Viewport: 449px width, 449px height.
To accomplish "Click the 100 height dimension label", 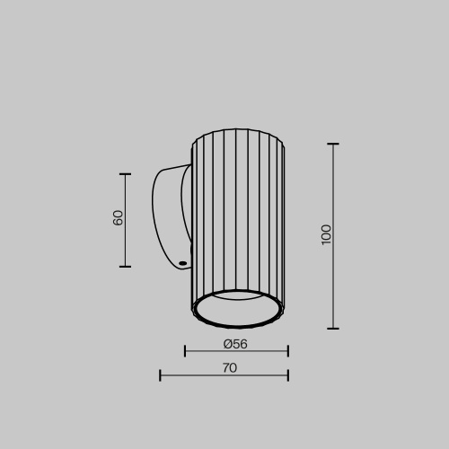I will tap(327, 234).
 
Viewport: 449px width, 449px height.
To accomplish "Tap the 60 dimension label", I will tap(119, 217).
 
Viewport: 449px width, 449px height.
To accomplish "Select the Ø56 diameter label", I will tap(235, 344).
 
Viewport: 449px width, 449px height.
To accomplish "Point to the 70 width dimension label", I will tap(229, 367).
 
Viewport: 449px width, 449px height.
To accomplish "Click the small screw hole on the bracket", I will tap(182, 263).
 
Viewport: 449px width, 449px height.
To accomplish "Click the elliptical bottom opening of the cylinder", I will tap(238, 310).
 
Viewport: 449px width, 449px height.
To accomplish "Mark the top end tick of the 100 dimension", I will tap(333, 144).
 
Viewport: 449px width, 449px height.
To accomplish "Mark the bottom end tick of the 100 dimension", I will tap(333, 328).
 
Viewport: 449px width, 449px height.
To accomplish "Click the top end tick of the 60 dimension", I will tap(125, 174).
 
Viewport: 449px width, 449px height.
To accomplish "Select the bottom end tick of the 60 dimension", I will tap(125, 267).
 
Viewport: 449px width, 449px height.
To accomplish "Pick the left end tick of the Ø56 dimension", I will tap(185, 351).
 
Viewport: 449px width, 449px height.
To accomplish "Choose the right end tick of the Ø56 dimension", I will tap(287, 351).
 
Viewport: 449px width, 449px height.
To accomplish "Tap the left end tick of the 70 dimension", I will tap(160, 374).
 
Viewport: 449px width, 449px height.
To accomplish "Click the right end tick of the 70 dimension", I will tap(287, 374).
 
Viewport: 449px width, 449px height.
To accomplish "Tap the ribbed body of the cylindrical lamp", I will tap(238, 216).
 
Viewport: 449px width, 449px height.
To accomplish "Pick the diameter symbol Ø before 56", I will tap(228, 344).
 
